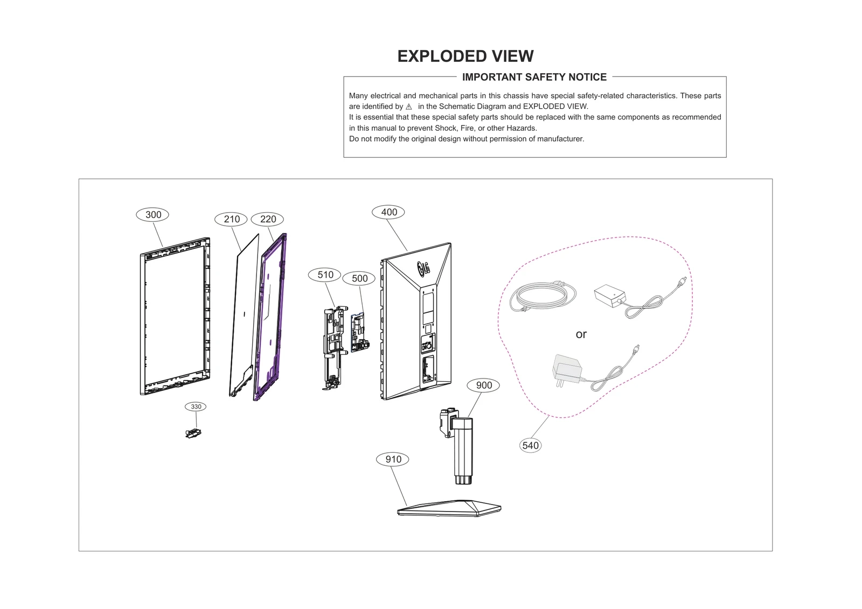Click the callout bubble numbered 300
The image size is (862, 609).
(152, 215)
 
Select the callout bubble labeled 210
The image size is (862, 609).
(232, 219)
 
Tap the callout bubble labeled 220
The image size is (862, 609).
(268, 219)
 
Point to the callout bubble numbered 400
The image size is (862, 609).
(388, 212)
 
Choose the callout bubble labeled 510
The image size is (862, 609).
(325, 275)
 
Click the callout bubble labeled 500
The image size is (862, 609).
(359, 278)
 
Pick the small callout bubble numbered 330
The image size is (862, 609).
(196, 407)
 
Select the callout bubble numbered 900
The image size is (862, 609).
(484, 385)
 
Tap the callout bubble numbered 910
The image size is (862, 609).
(393, 459)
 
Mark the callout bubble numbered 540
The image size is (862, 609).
(530, 445)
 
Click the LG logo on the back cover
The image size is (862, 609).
(423, 267)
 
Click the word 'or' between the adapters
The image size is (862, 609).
(581, 334)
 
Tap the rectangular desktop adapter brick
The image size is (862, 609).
(610, 296)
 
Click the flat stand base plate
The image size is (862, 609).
(449, 508)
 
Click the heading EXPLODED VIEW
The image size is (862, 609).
(465, 56)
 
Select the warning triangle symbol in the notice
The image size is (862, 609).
(409, 107)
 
